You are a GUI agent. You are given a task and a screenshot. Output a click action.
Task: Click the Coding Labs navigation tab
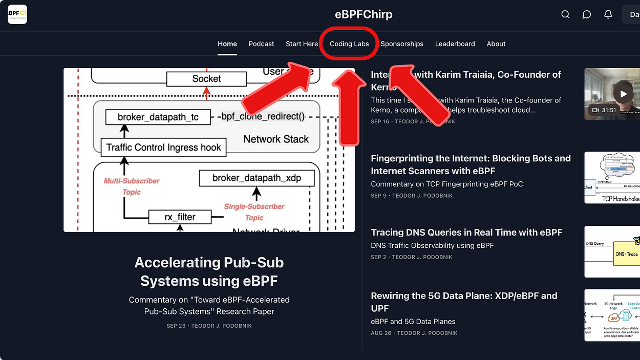click(x=349, y=44)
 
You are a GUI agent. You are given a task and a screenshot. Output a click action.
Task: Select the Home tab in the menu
click(x=227, y=44)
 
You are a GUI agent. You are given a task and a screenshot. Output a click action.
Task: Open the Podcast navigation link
click(x=261, y=44)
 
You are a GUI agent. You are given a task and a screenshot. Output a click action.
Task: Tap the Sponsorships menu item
click(x=402, y=44)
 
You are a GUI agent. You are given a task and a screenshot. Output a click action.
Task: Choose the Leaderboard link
click(x=455, y=44)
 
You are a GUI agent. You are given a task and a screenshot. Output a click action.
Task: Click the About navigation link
click(x=496, y=44)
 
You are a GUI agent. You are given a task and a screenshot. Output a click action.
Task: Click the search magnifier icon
click(x=565, y=14)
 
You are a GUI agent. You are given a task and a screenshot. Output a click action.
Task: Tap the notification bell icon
click(x=608, y=14)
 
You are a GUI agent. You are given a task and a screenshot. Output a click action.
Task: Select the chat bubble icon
click(x=587, y=14)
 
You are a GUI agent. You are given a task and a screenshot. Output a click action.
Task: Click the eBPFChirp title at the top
click(x=364, y=14)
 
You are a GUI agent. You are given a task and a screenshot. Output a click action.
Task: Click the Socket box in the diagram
click(x=206, y=79)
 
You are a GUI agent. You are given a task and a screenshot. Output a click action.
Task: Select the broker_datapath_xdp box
click(x=257, y=178)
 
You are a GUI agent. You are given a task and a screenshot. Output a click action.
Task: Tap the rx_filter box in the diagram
click(x=179, y=217)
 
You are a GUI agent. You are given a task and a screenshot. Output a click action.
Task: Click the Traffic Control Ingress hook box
click(x=163, y=147)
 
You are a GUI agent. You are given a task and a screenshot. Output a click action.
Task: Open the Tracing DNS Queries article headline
click(x=466, y=232)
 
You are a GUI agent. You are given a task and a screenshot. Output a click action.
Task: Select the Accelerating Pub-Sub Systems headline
click(x=209, y=271)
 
